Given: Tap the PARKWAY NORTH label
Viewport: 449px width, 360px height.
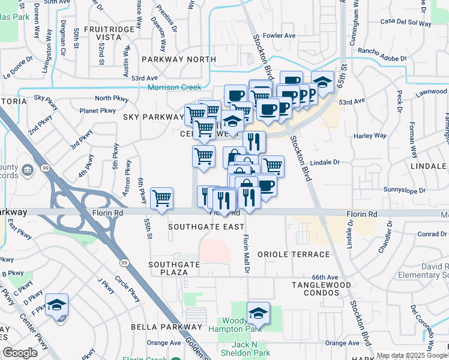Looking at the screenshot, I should tap(178, 59).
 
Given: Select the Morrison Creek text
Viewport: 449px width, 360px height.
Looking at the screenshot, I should tap(175, 87).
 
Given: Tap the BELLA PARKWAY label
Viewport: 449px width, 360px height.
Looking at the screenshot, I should tap(167, 327).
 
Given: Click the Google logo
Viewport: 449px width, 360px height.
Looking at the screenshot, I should tap(20, 353).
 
